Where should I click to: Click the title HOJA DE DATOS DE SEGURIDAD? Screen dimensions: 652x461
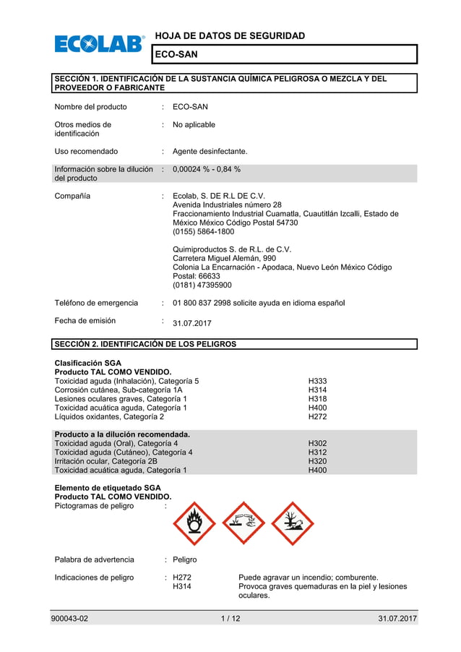point(230,35)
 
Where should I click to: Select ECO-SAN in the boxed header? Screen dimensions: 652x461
point(177,54)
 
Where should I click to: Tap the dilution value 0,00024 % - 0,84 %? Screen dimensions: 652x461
point(207,169)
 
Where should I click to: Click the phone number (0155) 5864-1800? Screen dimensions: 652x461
point(204,232)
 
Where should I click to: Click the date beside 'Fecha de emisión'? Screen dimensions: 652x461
point(192,323)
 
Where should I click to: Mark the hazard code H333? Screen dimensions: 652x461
point(317,381)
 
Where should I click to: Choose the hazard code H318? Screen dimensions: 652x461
point(317,399)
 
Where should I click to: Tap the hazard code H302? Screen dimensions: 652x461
point(317,443)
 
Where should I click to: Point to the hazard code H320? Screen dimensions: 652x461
point(317,461)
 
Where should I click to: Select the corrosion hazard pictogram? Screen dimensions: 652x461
point(244,523)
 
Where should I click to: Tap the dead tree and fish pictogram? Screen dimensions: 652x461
point(292,523)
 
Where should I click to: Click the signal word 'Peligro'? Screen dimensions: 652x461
point(185,559)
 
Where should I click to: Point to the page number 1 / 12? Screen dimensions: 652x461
point(231,619)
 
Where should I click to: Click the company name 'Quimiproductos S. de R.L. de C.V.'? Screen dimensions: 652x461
point(233,249)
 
